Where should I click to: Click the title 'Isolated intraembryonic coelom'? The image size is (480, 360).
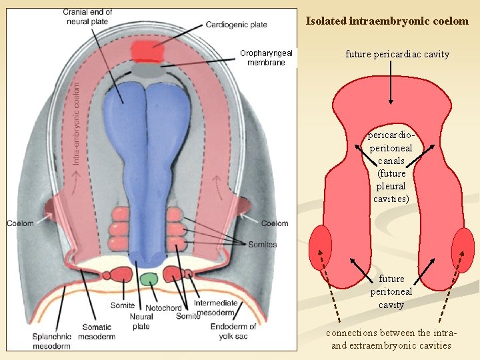coord(387,21)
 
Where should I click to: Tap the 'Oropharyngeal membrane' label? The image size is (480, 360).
coord(266,58)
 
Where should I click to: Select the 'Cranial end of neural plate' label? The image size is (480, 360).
coord(88,17)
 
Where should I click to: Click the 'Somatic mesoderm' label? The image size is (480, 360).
coord(97,332)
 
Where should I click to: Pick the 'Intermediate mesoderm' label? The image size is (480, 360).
coord(215,308)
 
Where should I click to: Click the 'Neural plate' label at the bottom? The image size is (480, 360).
coord(141,322)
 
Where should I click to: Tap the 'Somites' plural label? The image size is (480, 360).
coord(262,245)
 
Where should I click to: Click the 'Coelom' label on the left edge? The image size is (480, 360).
coord(20,223)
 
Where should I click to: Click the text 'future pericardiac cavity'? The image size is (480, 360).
coord(397,54)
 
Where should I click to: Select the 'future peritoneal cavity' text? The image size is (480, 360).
coord(391,291)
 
